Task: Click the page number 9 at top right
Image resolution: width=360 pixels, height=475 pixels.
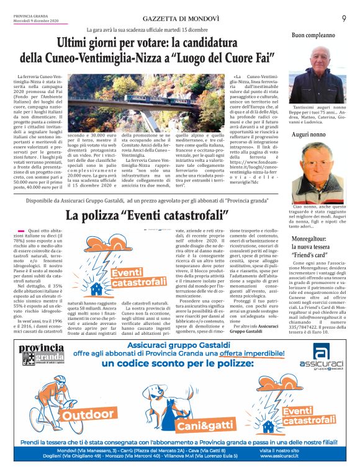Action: [x=344, y=19]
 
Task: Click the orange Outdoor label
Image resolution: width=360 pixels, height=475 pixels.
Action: [x=81, y=412]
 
